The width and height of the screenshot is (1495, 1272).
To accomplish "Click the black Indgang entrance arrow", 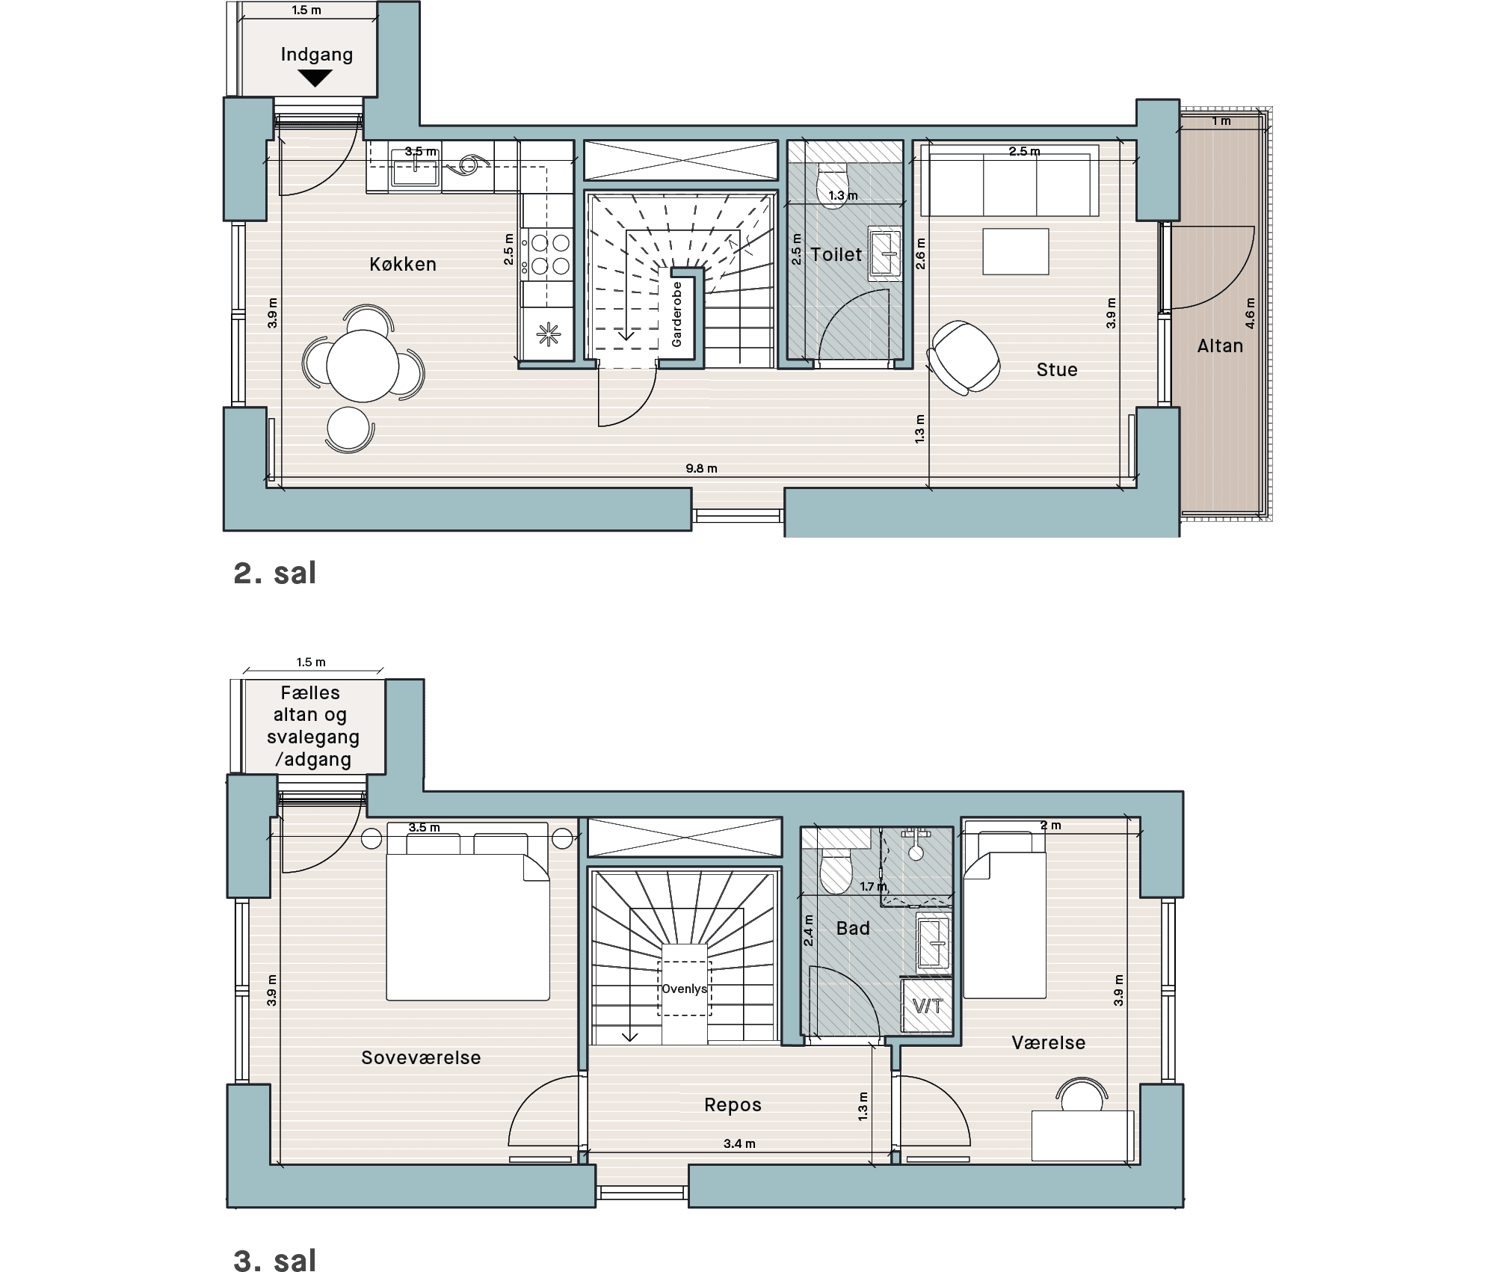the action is [x=315, y=78].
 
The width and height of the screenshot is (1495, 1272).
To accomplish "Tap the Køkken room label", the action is [x=403, y=264].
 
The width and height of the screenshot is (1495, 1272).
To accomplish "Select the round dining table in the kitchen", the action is [x=363, y=366].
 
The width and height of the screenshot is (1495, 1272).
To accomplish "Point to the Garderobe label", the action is [x=676, y=314].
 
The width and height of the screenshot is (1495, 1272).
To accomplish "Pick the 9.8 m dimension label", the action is [x=701, y=469].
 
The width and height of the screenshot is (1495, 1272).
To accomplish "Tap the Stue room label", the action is [x=1057, y=369].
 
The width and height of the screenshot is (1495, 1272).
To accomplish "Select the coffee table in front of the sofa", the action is [x=1016, y=251].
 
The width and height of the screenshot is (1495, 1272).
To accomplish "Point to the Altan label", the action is [x=1220, y=345].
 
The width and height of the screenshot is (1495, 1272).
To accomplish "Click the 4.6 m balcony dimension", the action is [x=1250, y=314].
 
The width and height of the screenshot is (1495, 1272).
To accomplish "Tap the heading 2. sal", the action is [x=275, y=573].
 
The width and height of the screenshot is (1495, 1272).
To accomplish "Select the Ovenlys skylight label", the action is [x=684, y=989].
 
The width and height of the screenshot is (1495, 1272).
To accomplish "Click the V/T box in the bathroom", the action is [x=928, y=1006].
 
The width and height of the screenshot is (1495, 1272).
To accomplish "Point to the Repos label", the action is [x=733, y=1104].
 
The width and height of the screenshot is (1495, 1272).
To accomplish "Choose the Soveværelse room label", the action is [x=421, y=1057].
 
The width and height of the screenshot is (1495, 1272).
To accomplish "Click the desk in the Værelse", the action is [x=1082, y=1135].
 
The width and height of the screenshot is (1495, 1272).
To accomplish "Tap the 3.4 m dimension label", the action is [x=739, y=1143].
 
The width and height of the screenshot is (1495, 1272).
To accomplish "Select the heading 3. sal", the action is [x=275, y=1260].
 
